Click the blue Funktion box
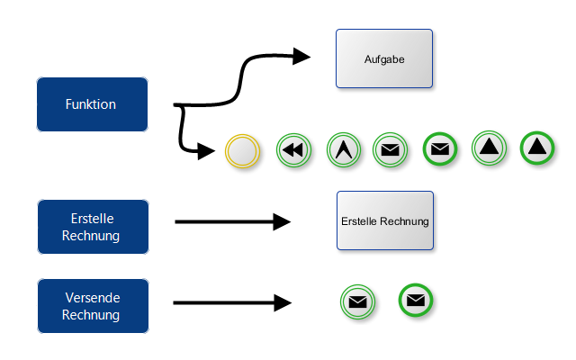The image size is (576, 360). point(91,104)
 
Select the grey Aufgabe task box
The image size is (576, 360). point(384,59)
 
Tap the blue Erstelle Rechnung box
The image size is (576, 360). point(92,227)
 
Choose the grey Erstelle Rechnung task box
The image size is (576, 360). point(384,220)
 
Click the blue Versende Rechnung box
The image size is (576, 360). point(92,306)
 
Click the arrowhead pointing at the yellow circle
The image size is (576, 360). point(208,151)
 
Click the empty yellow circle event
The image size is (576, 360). point(242,150)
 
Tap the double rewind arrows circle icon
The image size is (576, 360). point(292,150)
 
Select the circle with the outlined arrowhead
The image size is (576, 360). point(342,150)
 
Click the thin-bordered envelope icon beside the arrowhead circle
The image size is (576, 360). point(390,150)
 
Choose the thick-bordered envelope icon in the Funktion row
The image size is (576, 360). point(439,148)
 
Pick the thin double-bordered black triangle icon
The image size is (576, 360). point(489,148)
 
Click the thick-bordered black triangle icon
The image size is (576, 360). point(537,148)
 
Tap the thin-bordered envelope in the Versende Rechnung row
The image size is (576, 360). point(357,302)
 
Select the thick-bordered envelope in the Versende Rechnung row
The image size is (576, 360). point(415,301)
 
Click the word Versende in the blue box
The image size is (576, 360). point(92,298)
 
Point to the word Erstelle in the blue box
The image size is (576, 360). point(92,219)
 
